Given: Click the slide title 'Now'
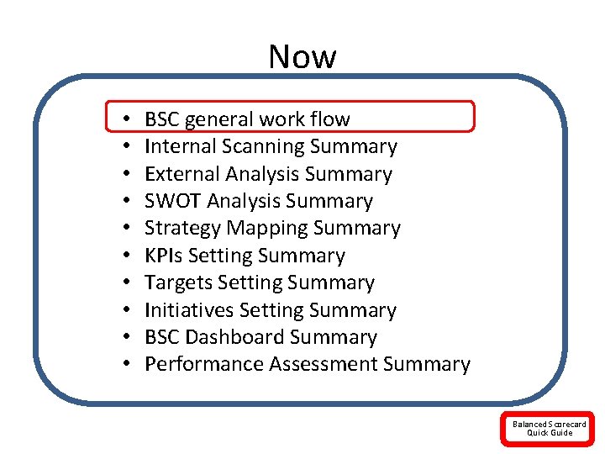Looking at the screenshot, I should coord(302,57).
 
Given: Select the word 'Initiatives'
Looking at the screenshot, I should coord(189,310).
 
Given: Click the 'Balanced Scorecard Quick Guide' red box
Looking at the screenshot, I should coord(550,429).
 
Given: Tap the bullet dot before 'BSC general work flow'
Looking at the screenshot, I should coord(124,120).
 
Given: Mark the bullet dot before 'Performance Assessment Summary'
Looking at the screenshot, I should coord(124,365).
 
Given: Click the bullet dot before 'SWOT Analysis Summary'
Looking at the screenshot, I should coord(124,202).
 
